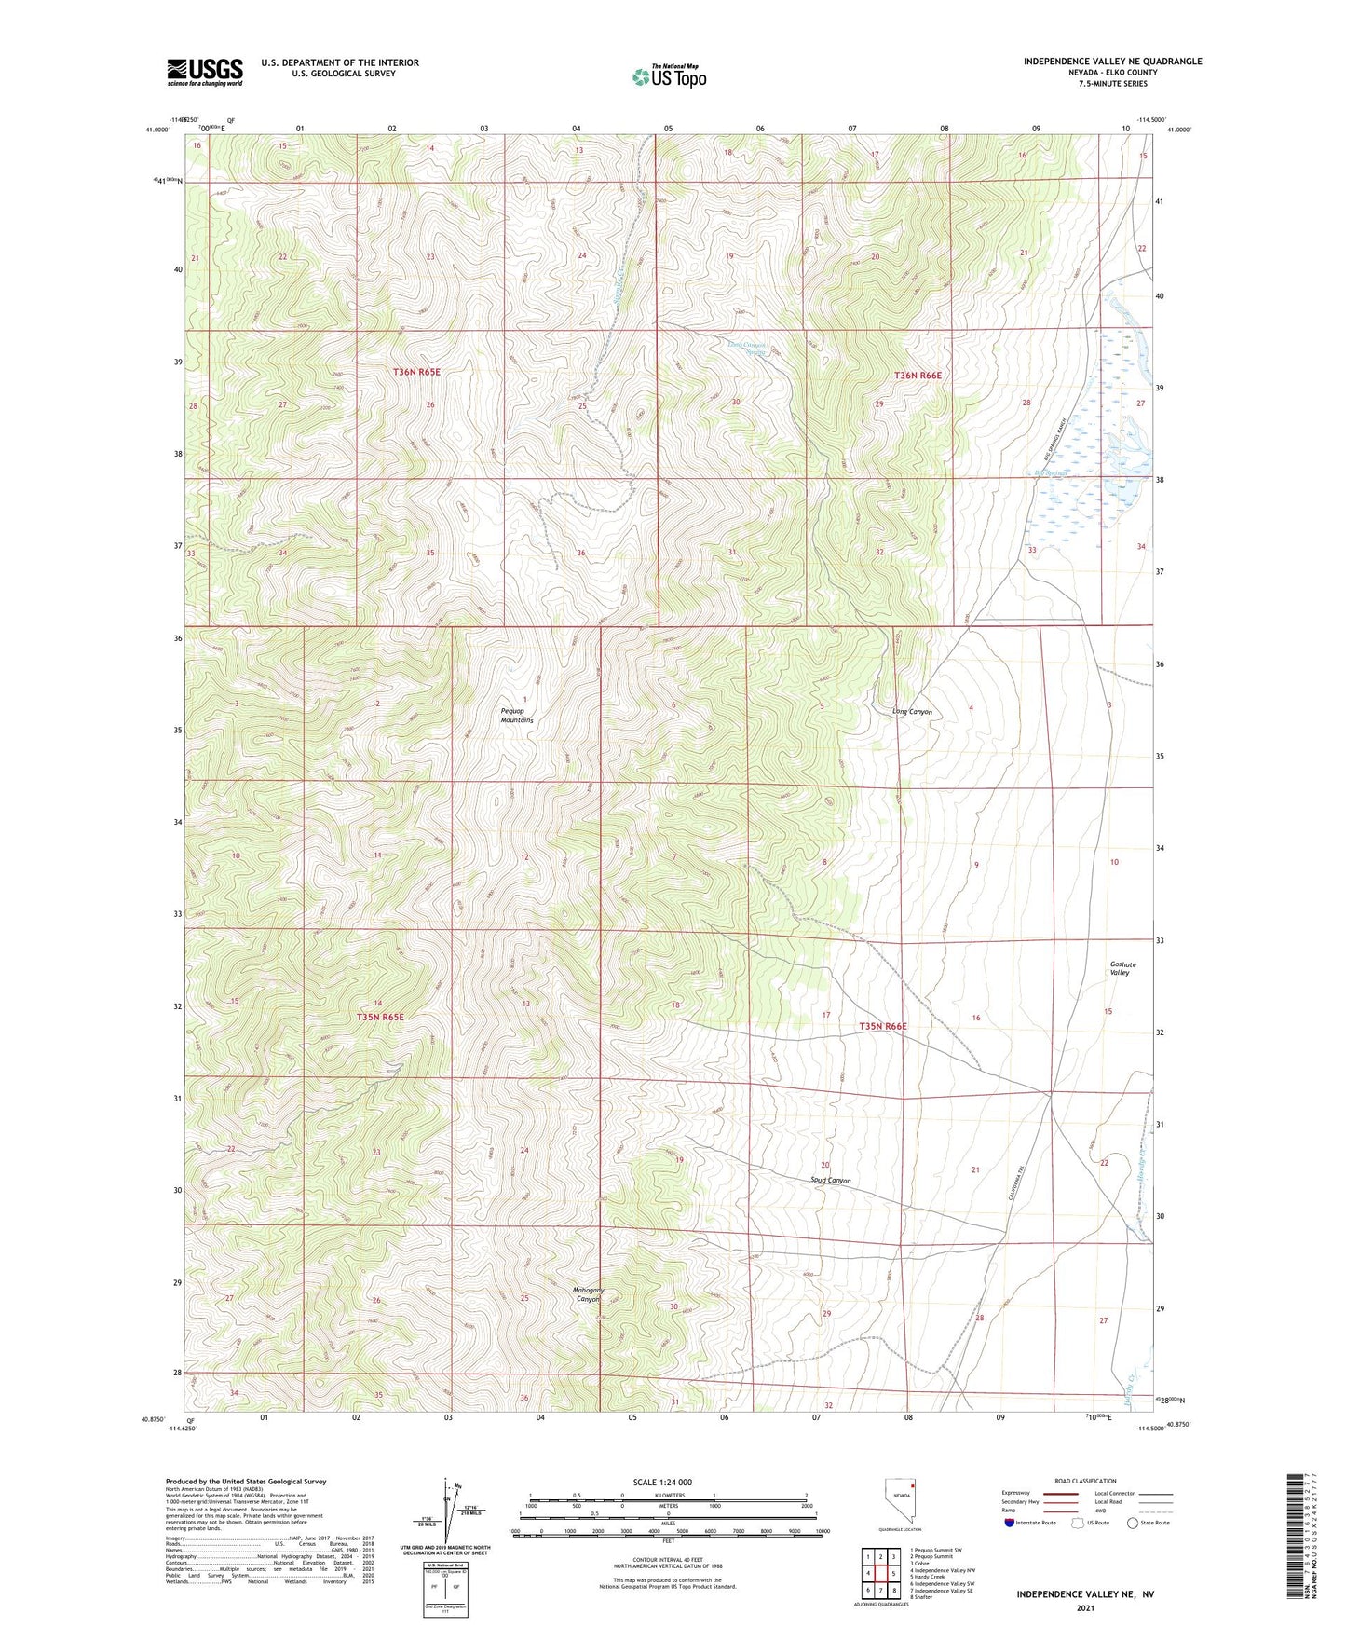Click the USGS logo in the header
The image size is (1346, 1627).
pos(205,71)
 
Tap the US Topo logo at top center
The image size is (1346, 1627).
pos(669,76)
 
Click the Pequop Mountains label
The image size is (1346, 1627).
pos(517,715)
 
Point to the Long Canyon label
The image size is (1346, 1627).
pos(912,712)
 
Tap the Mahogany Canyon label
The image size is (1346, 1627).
pos(588,1294)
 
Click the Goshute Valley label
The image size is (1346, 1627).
pos(1121,968)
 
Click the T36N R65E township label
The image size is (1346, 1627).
pos(415,372)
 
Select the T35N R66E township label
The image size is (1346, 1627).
pos(882,1026)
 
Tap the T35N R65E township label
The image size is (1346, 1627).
pos(380,1017)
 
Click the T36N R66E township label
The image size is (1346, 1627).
pos(918,376)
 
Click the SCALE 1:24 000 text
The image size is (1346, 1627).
pos(662,1482)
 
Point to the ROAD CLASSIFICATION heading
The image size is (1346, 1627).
pos(1086,1481)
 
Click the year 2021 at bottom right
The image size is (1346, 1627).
pos(1084,1607)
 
